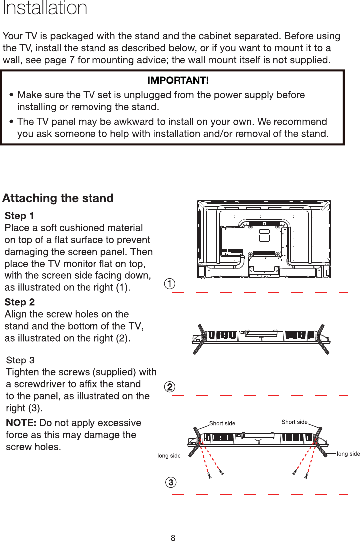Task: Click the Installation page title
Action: pos(45,8)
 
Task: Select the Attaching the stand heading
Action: pos(58,198)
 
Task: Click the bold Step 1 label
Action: pos(19,216)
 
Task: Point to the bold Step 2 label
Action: pos(19,302)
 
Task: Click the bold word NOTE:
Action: pos(21,423)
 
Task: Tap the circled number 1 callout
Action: pos(170,284)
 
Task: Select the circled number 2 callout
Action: pos(170,387)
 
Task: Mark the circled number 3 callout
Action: pos(170,482)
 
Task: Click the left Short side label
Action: pos(222,424)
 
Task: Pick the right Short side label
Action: pos(294,422)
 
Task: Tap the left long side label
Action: pos(169,455)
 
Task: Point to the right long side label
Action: pos(348,454)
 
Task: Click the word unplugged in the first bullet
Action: pos(150,94)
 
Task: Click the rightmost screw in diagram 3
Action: pos(307,476)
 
